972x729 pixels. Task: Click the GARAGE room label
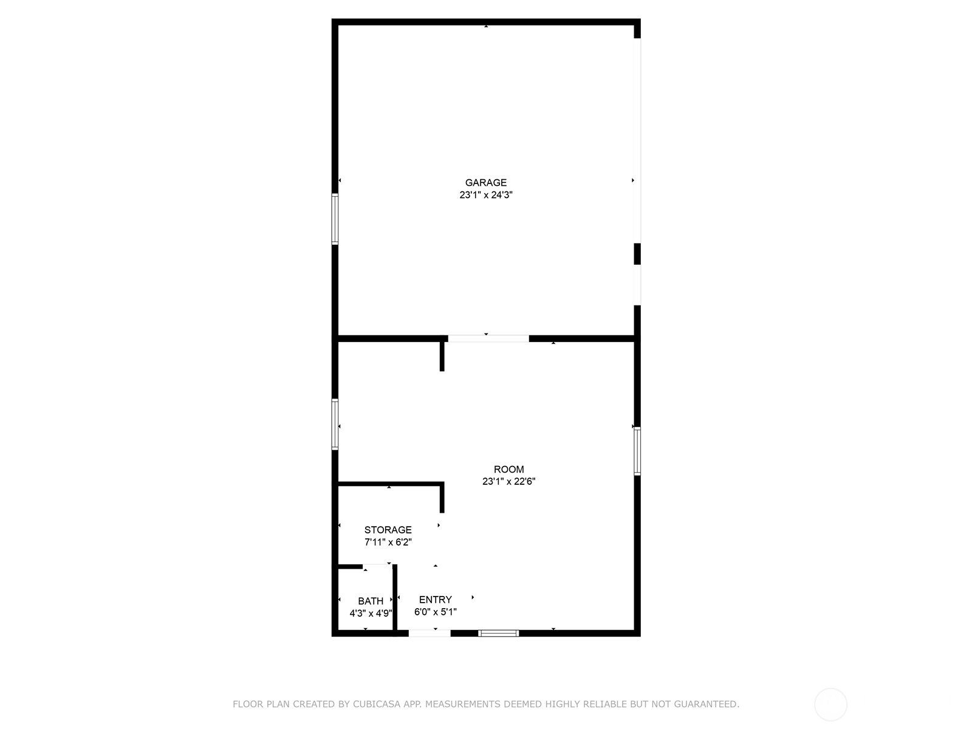[x=486, y=182]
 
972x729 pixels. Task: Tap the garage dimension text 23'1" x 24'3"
[x=486, y=195]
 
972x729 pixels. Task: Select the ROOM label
[x=509, y=469]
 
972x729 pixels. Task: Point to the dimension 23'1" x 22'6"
[x=509, y=482]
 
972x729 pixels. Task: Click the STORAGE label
[x=388, y=530]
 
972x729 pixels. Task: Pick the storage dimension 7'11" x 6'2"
[x=388, y=542]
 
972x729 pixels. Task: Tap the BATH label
[x=371, y=601]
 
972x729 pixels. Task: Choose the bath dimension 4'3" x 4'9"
[x=371, y=614]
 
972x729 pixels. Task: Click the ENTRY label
[x=436, y=600]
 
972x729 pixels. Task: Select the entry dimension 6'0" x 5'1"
[x=436, y=612]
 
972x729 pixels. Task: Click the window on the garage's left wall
[x=335, y=219]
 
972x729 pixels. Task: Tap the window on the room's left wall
[x=335, y=425]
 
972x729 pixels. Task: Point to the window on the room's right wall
[x=637, y=451]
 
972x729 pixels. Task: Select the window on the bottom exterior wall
[x=499, y=634]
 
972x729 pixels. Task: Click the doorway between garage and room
[x=488, y=338]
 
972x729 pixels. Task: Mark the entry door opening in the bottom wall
[x=430, y=634]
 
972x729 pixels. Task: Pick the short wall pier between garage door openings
[x=637, y=254]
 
